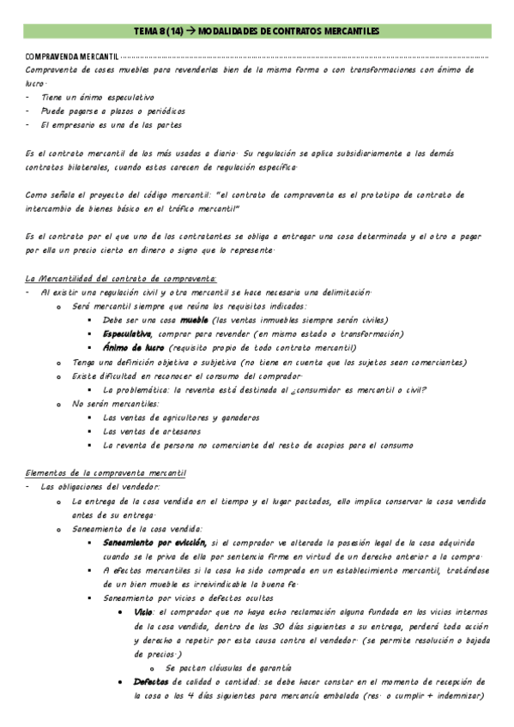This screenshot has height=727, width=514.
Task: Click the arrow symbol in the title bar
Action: click(x=191, y=32)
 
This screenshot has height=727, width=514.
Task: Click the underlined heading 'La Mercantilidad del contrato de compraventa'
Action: click(x=121, y=278)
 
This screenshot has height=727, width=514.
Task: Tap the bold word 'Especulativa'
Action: click(x=126, y=333)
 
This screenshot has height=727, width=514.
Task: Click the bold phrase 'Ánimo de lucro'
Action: click(x=133, y=347)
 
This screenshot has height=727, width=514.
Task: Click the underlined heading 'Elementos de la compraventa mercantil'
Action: click(x=107, y=473)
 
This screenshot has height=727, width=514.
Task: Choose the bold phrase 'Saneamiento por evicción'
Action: click(x=154, y=543)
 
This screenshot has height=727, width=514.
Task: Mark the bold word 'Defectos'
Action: click(x=151, y=682)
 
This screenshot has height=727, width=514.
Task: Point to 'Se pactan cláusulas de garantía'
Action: click(x=229, y=668)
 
